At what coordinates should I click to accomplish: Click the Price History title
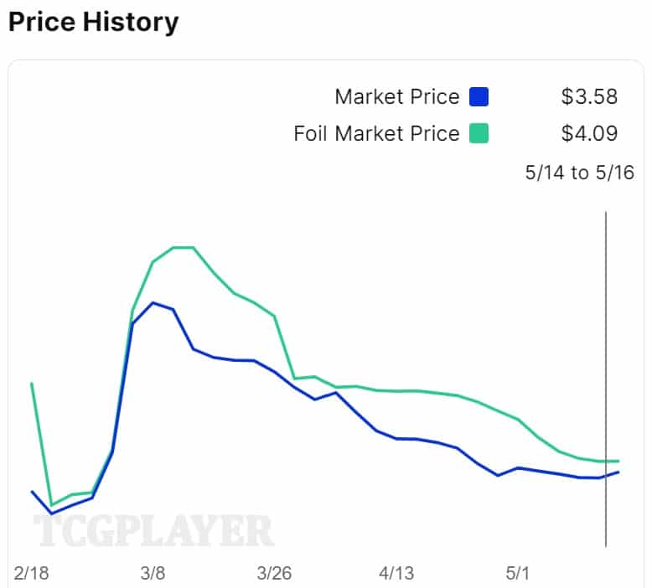tap(93, 22)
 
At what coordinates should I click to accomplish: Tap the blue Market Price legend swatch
tap(479, 97)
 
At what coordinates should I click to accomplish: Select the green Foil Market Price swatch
tap(479, 133)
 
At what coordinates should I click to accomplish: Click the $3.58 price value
tap(589, 97)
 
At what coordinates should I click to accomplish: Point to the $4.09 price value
tap(589, 133)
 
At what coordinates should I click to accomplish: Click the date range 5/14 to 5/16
tap(579, 173)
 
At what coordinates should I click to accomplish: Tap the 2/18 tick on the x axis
tap(32, 574)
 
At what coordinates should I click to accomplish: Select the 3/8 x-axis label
tap(153, 574)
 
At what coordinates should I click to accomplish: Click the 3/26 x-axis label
tap(274, 574)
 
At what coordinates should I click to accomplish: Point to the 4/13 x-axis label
tap(396, 574)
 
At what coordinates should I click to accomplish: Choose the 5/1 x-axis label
tap(518, 574)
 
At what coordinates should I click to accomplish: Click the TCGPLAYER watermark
tap(153, 531)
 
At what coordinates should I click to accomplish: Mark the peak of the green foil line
tap(184, 247)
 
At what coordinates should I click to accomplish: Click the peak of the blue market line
tap(153, 302)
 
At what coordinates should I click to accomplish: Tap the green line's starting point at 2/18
tap(32, 384)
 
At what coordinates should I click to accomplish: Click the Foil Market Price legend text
tap(376, 133)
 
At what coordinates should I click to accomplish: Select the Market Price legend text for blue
tap(396, 97)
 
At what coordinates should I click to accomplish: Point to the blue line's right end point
tap(618, 472)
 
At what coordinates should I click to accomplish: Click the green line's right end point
tap(618, 461)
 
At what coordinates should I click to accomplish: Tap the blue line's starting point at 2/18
tap(32, 492)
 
